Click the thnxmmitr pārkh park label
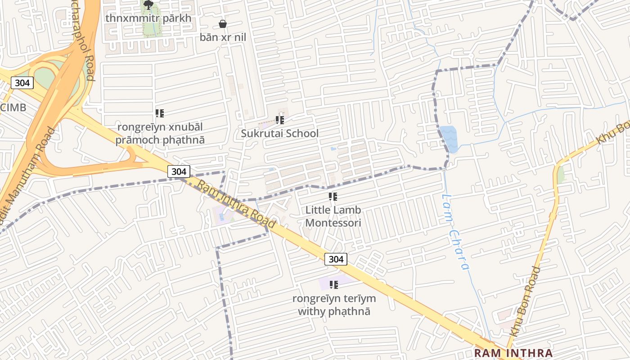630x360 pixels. (x=148, y=18)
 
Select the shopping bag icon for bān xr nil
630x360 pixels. (x=222, y=24)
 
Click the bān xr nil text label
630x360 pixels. (x=223, y=37)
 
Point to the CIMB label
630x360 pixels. (x=13, y=107)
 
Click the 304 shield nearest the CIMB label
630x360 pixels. (x=22, y=83)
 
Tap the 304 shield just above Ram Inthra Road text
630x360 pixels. (x=179, y=171)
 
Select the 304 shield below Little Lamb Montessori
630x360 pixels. (x=336, y=259)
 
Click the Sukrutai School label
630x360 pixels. (x=279, y=133)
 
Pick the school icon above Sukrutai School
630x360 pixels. (x=280, y=120)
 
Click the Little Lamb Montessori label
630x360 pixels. (x=333, y=216)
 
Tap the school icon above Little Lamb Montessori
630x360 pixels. (x=333, y=197)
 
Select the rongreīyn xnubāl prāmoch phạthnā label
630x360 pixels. (x=160, y=133)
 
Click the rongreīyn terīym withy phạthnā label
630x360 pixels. (x=334, y=305)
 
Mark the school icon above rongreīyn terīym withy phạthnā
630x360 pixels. (x=334, y=284)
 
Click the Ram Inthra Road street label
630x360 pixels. (x=236, y=204)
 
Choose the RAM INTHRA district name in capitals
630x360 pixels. (x=513, y=353)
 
